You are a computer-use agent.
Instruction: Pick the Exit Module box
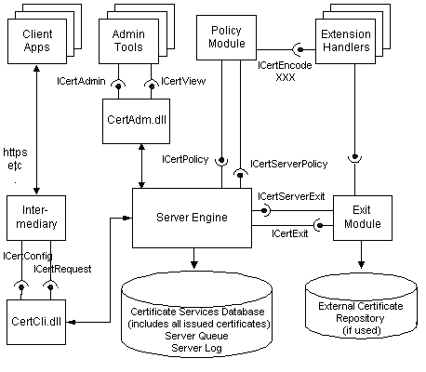(360, 217)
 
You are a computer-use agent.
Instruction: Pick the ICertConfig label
(28, 255)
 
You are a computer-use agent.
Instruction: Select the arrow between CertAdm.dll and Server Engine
(140, 167)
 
